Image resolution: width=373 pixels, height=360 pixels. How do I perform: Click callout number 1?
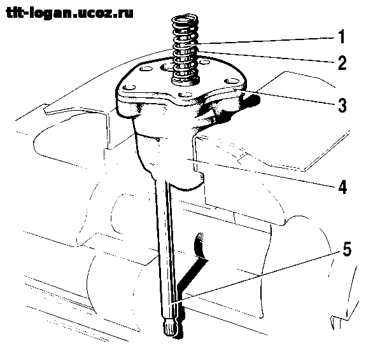pos(342,37)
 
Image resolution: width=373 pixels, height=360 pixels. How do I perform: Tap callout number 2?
pos(342,62)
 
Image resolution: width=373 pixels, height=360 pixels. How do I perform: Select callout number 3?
pos(342,105)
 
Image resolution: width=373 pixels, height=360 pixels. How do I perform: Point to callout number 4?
pos(342,186)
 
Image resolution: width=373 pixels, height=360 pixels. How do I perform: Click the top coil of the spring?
pos(185,18)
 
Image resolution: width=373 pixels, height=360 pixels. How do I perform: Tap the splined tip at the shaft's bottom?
pos(170,329)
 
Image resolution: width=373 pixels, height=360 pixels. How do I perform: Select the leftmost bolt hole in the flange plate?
pos(129,88)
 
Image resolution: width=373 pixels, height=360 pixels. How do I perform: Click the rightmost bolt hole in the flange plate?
pos(232,81)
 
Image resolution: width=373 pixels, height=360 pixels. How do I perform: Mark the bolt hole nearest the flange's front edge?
pos(186,95)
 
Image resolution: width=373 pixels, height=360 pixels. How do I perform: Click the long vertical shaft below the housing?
pos(167,252)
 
